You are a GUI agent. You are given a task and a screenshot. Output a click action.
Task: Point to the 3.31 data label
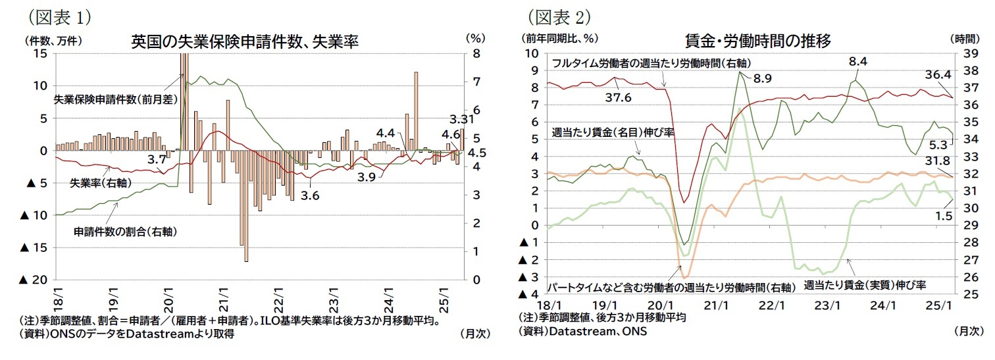point(461,120)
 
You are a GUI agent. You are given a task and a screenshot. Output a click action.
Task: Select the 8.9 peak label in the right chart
point(762,79)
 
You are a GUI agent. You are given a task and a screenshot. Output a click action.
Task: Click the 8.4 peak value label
point(858,62)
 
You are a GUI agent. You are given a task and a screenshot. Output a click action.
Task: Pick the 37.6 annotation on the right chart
point(618,97)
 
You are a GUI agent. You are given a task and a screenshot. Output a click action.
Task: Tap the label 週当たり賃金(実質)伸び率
point(865,285)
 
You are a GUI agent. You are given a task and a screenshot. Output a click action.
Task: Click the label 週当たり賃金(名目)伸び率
point(613,132)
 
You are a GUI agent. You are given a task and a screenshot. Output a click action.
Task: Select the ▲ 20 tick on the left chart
point(34,280)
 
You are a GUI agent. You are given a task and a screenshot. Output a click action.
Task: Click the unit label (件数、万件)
point(53,39)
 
